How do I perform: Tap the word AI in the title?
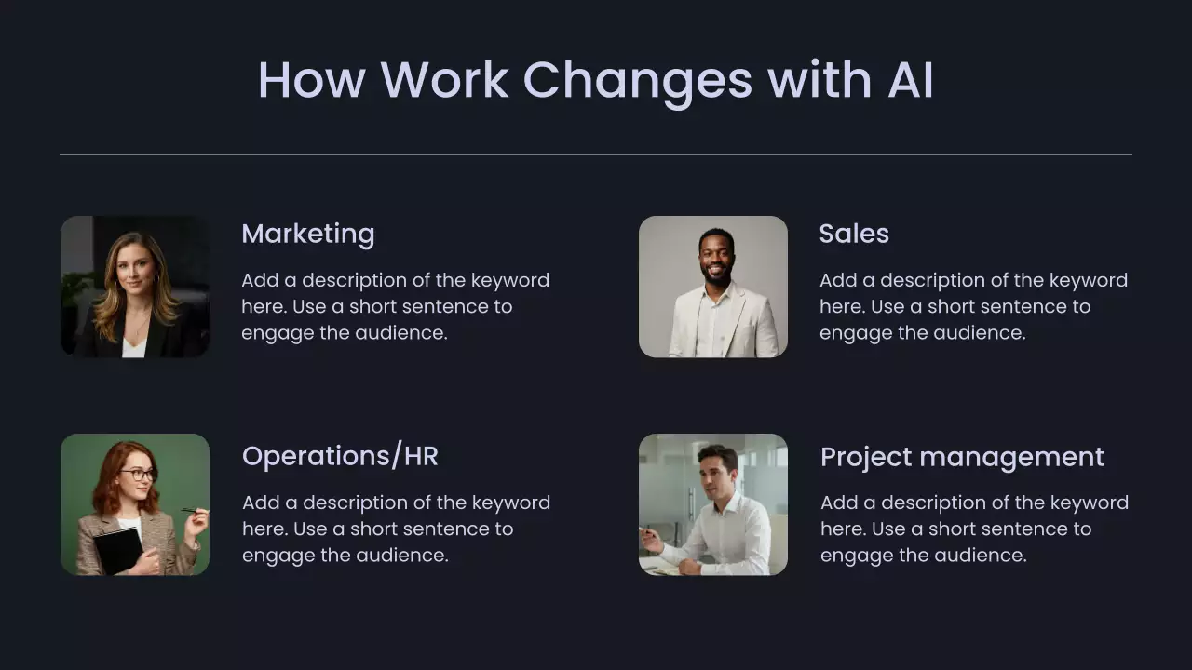pos(911,80)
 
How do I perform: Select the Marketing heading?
pos(308,234)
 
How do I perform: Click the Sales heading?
pos(854,234)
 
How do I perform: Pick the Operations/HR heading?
pos(340,456)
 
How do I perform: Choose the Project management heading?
pos(962,457)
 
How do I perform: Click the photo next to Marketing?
pos(135,287)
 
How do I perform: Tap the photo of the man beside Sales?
pos(713,287)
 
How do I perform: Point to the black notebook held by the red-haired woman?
pos(119,550)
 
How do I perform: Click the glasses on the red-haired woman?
pos(139,475)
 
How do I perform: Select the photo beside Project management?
pos(713,504)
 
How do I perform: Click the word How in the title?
pos(312,80)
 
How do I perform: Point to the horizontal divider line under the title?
pos(596,154)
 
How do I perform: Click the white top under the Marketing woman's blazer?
pos(133,347)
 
